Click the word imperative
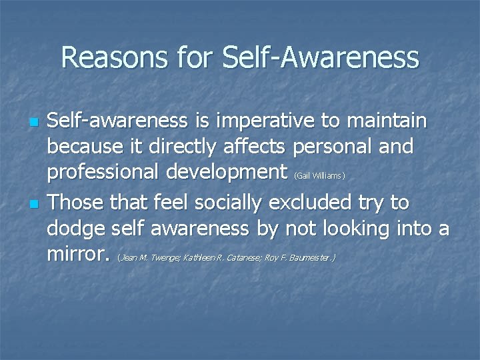pyautogui.click(x=255, y=122)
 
